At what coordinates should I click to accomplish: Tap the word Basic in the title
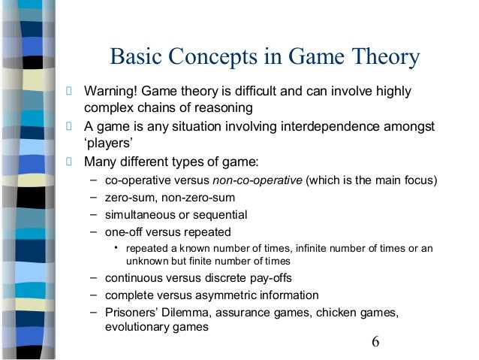tap(137, 58)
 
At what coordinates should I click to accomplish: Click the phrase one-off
tap(125, 231)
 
